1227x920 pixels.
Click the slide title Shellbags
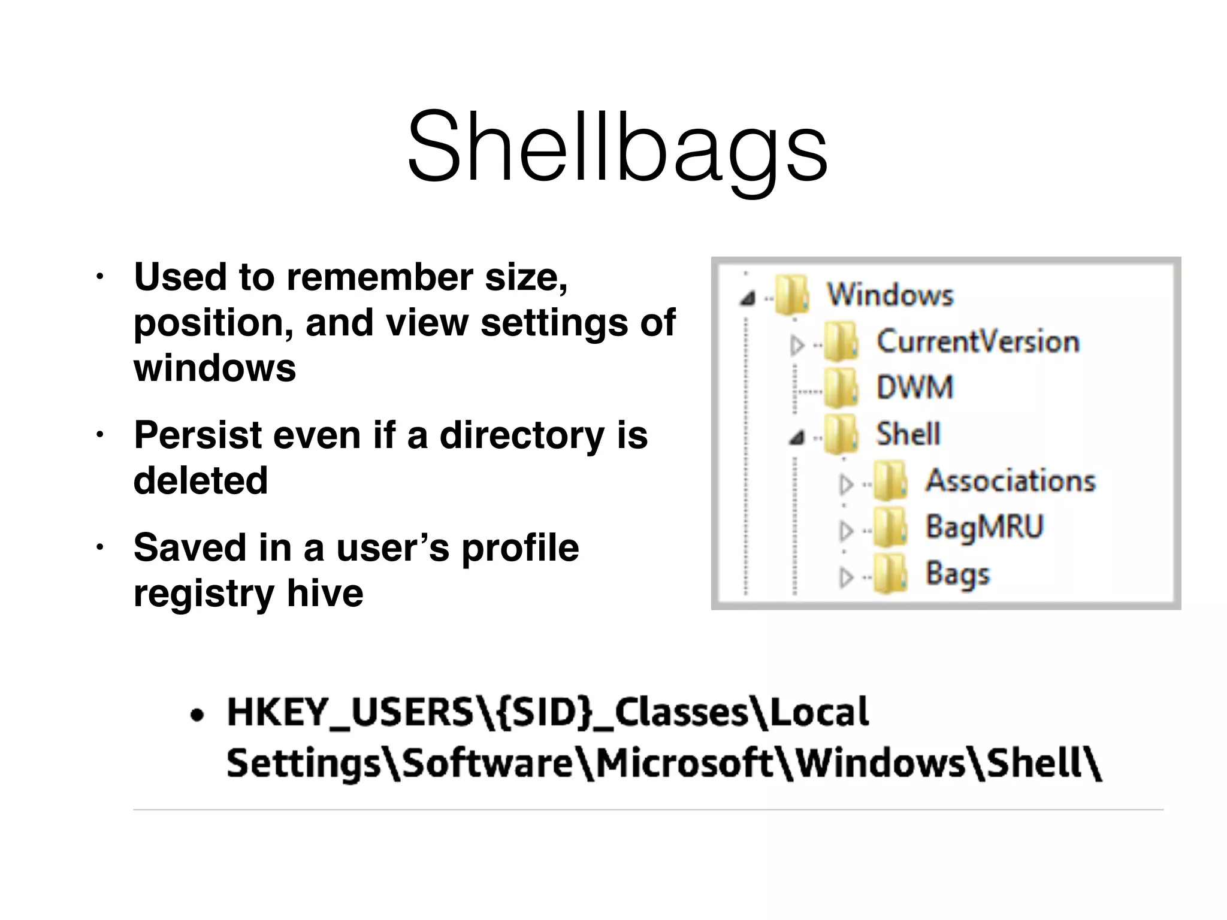tap(617, 147)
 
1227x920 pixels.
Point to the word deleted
tap(200, 480)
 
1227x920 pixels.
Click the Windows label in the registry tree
tap(890, 295)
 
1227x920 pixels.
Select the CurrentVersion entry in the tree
tap(978, 341)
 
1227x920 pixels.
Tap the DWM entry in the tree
tap(914, 388)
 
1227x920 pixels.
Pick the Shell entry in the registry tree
tap(908, 434)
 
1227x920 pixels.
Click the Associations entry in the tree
tap(1010, 480)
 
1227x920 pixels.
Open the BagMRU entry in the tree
tap(984, 527)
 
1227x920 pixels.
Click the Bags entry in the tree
tap(957, 574)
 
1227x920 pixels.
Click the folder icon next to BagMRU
tap(890, 528)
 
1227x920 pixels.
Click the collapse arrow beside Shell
tap(796, 438)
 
